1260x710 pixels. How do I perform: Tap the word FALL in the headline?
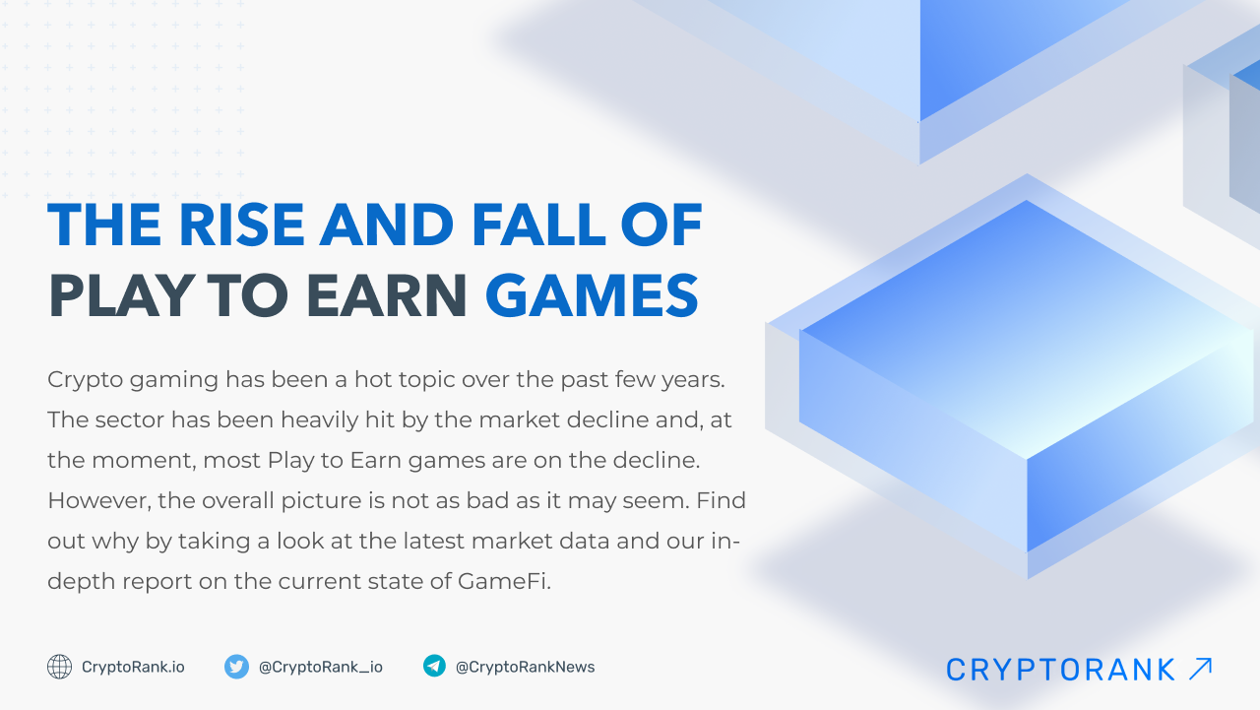pos(537,226)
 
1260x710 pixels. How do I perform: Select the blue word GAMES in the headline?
pos(592,295)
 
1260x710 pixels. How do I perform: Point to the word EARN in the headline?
pos(390,295)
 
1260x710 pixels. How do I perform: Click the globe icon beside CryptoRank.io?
pos(60,667)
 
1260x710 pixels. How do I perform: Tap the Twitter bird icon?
pos(236,667)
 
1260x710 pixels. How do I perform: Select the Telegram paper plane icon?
pos(434,667)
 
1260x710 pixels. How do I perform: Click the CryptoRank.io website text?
pos(133,667)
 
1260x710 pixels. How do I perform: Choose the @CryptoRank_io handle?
pos(321,667)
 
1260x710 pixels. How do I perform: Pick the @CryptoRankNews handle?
pos(525,667)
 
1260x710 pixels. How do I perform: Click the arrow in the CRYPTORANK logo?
pos(1200,669)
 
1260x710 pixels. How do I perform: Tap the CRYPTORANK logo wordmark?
pos(1060,670)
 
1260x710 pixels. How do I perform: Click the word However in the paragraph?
pos(95,500)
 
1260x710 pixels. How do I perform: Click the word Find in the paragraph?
pos(721,500)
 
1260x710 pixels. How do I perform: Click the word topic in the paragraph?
pos(439,379)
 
